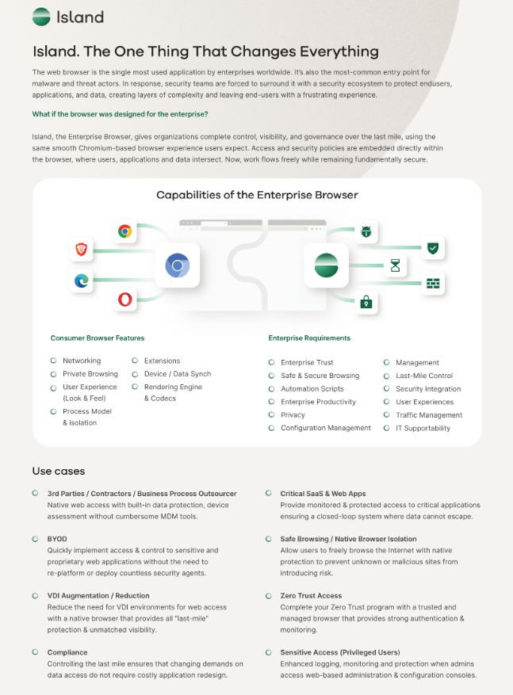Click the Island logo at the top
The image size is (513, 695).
click(68, 16)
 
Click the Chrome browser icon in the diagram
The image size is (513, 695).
click(124, 231)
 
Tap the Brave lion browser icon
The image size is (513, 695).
click(81, 250)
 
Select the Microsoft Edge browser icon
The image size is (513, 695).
click(81, 281)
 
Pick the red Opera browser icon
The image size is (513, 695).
click(124, 299)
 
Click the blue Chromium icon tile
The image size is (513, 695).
click(178, 265)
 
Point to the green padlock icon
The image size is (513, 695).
click(366, 302)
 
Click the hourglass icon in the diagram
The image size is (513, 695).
click(395, 265)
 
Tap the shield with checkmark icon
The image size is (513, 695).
click(432, 248)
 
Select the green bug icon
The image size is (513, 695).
click(366, 231)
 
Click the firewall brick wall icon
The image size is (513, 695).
click(432, 283)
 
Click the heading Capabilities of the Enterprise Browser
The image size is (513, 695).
click(257, 195)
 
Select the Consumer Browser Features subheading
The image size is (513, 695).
click(98, 338)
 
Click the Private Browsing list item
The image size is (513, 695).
click(90, 374)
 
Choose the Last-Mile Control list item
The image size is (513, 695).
click(424, 376)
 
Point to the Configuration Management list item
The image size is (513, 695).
click(325, 428)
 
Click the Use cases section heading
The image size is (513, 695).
click(59, 472)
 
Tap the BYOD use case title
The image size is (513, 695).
click(57, 539)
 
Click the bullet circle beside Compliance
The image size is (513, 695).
click(36, 651)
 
